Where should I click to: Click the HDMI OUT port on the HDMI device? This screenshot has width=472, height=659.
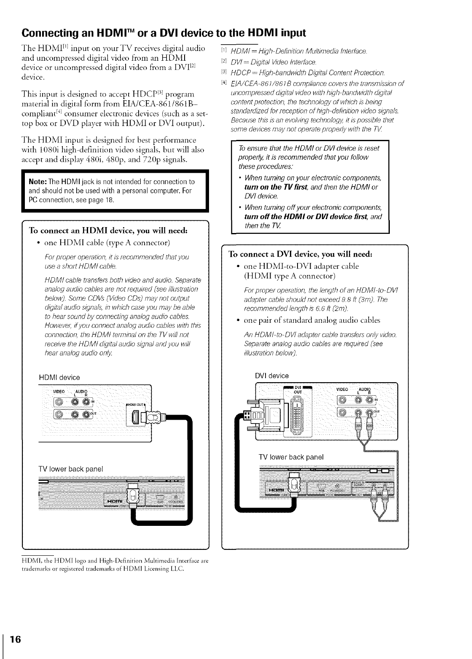135,418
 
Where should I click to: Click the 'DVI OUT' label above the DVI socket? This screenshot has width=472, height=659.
298,389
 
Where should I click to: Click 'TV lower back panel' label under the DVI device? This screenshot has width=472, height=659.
291,457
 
